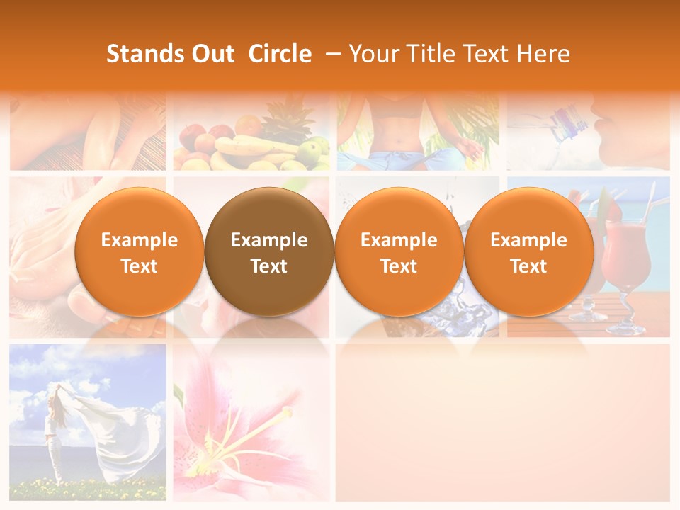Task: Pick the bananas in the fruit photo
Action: click(244, 147)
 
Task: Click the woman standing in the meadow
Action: click(52, 432)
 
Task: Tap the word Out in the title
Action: click(212, 54)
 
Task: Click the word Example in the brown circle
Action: click(269, 240)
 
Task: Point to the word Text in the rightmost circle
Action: click(528, 266)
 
